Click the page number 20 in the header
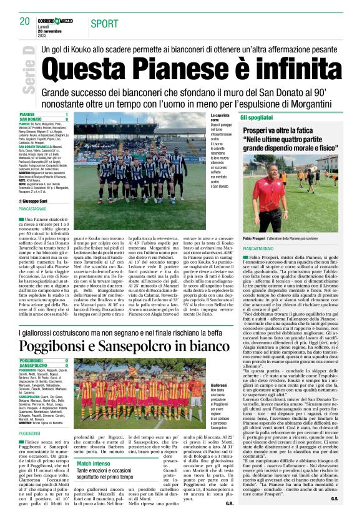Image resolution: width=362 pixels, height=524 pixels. [24, 21]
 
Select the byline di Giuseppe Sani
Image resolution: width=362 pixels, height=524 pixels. [38, 202]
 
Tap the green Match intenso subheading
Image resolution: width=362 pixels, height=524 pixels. [93, 463]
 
